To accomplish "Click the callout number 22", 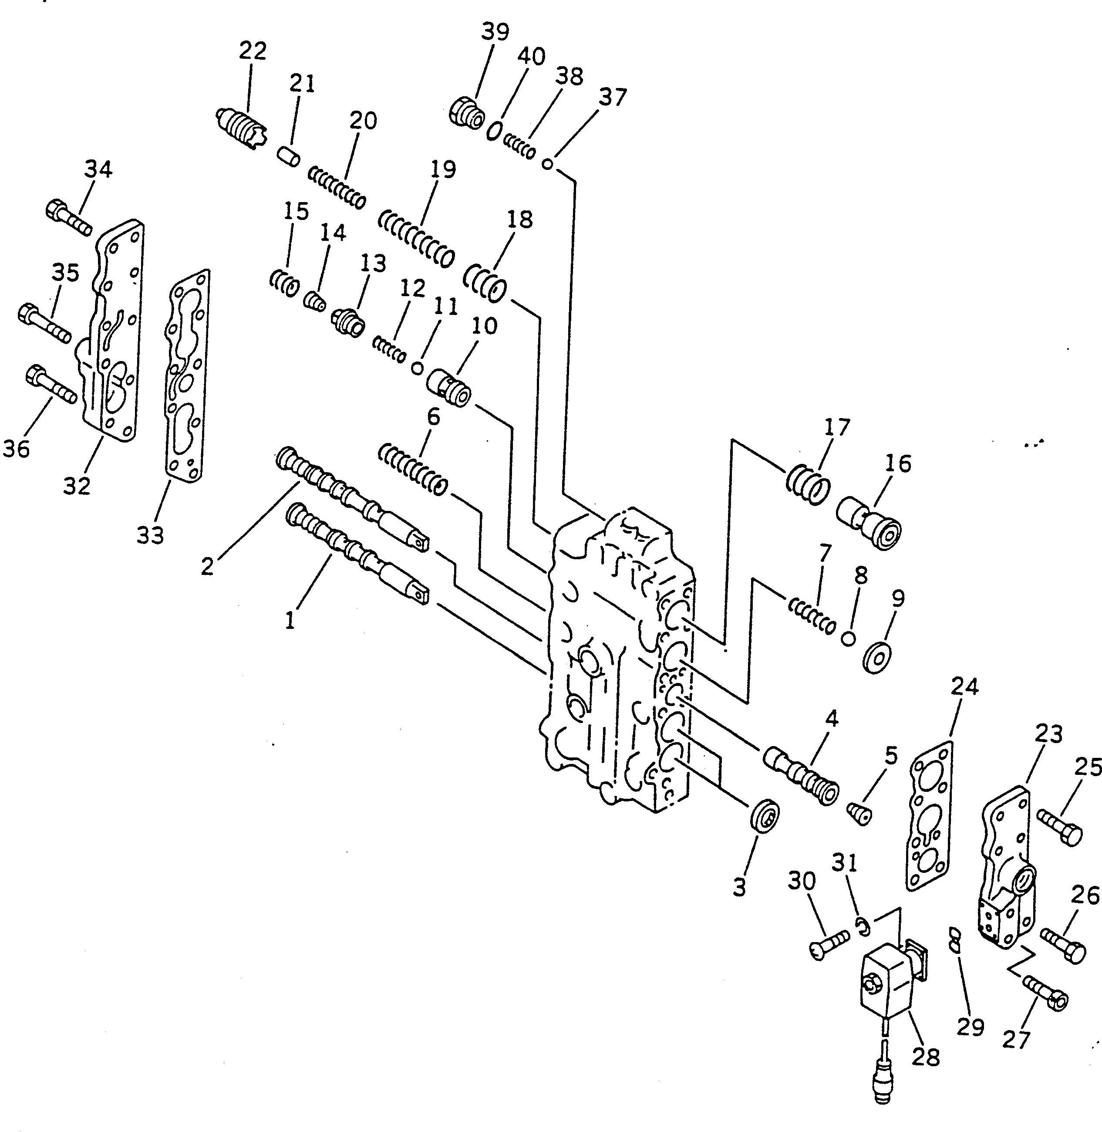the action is click(x=253, y=51).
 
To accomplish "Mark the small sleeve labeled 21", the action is click(x=286, y=157).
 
